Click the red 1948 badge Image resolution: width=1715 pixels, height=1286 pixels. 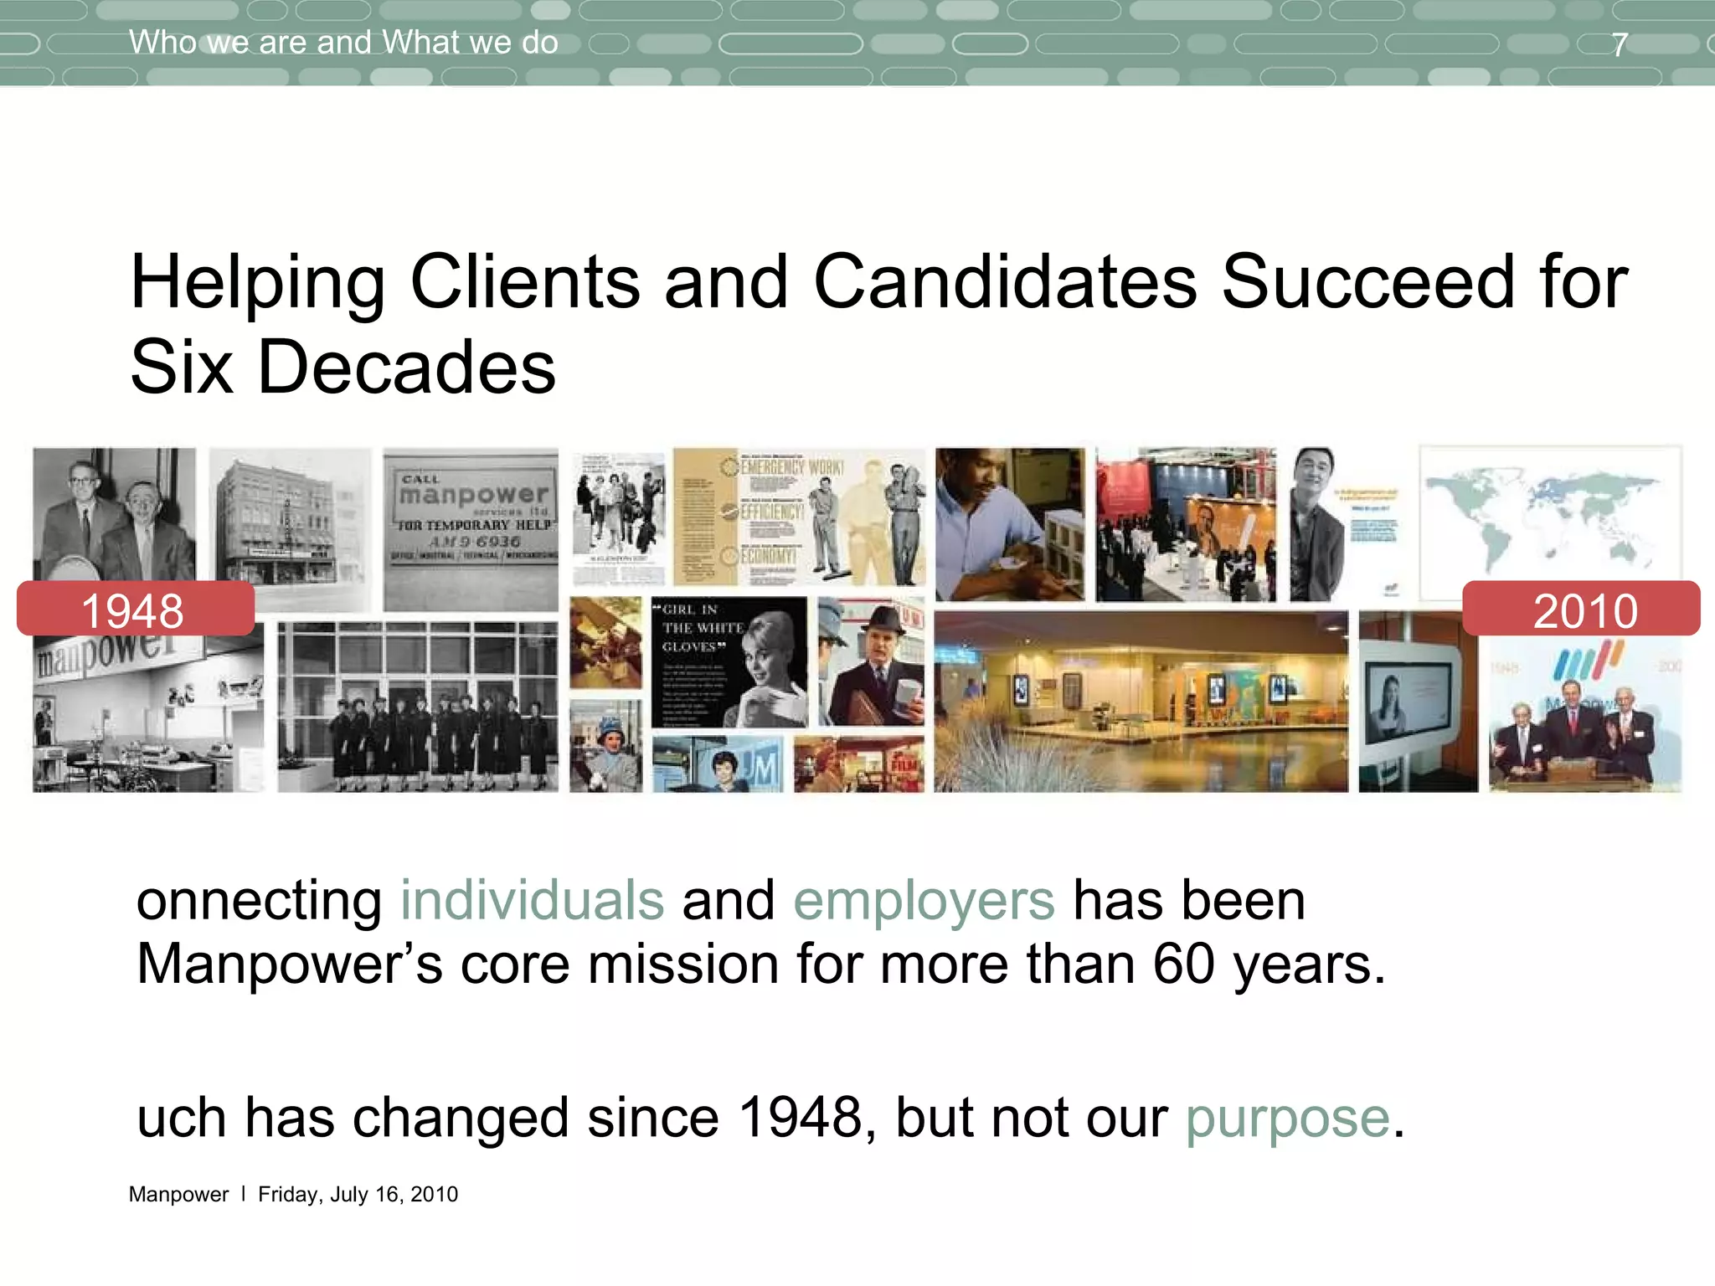point(135,609)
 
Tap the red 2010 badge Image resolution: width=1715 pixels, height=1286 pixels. point(1582,609)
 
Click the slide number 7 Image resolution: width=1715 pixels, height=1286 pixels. point(1620,44)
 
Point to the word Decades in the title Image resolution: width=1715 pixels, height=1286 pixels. point(406,368)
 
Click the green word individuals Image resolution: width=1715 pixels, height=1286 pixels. point(533,901)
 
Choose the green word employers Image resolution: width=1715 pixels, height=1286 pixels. point(924,901)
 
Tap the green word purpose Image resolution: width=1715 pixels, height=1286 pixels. point(1287,1118)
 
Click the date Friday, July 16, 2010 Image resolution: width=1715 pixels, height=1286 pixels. point(358,1194)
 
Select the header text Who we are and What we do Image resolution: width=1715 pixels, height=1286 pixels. point(343,42)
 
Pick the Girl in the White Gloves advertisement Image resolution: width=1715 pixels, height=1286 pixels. point(729,661)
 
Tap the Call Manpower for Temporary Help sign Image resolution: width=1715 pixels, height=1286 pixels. point(471,529)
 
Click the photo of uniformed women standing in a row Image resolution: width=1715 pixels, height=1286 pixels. point(417,707)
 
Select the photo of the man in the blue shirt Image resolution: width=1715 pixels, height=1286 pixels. point(1009,524)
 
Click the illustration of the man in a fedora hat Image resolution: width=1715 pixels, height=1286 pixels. point(871,661)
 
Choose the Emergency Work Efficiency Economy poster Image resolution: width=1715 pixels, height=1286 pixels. point(800,517)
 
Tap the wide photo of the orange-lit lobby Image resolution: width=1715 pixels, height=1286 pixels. point(1141,702)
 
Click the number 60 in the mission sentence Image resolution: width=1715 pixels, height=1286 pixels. point(1183,964)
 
